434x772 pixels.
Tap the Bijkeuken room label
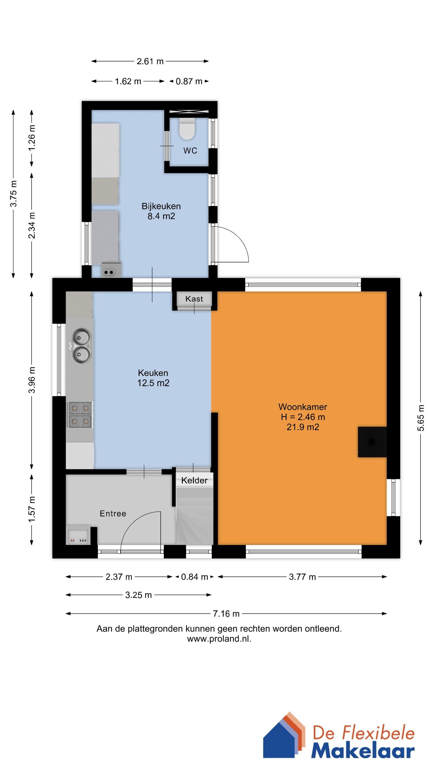[161, 206]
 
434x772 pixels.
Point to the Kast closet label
[194, 299]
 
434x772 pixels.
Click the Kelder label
[194, 480]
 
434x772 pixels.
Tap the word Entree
[113, 514]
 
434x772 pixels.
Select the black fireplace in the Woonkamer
[372, 442]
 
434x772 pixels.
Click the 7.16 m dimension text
[226, 614]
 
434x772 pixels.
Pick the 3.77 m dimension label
[302, 577]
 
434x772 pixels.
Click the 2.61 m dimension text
[150, 62]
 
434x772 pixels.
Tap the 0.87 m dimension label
[189, 82]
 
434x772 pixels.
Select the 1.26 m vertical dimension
[32, 138]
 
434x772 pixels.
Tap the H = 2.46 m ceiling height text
[303, 417]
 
